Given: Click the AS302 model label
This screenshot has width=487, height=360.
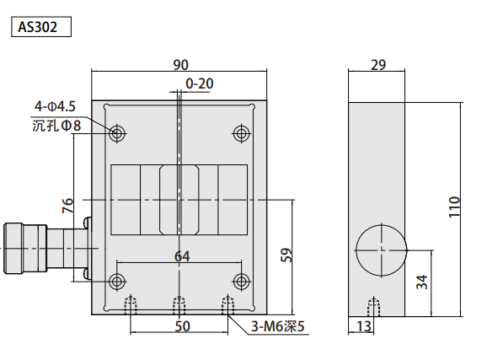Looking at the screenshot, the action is (x=38, y=27).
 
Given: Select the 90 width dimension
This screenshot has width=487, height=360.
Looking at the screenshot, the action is (x=181, y=65).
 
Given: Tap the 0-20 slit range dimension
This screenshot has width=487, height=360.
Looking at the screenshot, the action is (x=200, y=83).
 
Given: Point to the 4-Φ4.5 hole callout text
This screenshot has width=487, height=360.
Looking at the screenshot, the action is (x=55, y=106).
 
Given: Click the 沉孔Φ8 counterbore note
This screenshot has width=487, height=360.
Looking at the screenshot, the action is (x=56, y=126).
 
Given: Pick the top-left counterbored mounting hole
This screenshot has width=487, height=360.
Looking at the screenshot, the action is (x=117, y=134).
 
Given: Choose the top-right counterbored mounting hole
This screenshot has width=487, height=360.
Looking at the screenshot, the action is (x=241, y=134).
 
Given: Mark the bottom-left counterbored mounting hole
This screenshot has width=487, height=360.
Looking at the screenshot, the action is (x=117, y=282).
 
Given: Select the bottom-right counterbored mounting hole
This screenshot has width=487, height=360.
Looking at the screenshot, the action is (x=241, y=282).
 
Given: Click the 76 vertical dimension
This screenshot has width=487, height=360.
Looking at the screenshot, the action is (x=67, y=206).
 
